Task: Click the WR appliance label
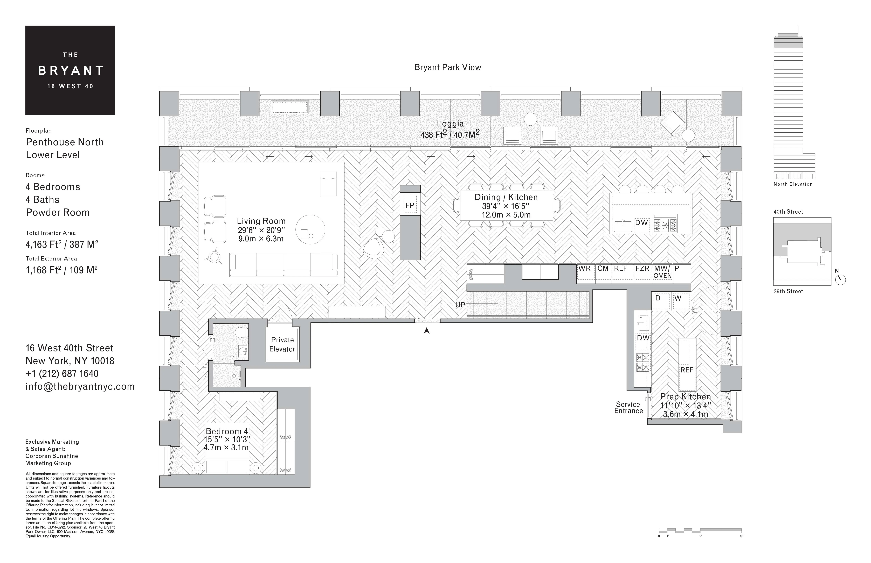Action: click(584, 268)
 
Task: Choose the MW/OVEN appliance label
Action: click(662, 272)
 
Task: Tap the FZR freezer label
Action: click(642, 268)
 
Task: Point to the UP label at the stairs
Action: click(460, 305)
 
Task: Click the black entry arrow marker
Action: click(426, 330)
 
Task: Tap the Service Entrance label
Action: click(628, 407)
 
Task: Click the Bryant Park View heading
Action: click(447, 67)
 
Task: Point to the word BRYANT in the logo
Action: click(71, 71)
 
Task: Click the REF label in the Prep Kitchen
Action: click(687, 370)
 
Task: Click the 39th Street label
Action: click(788, 291)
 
